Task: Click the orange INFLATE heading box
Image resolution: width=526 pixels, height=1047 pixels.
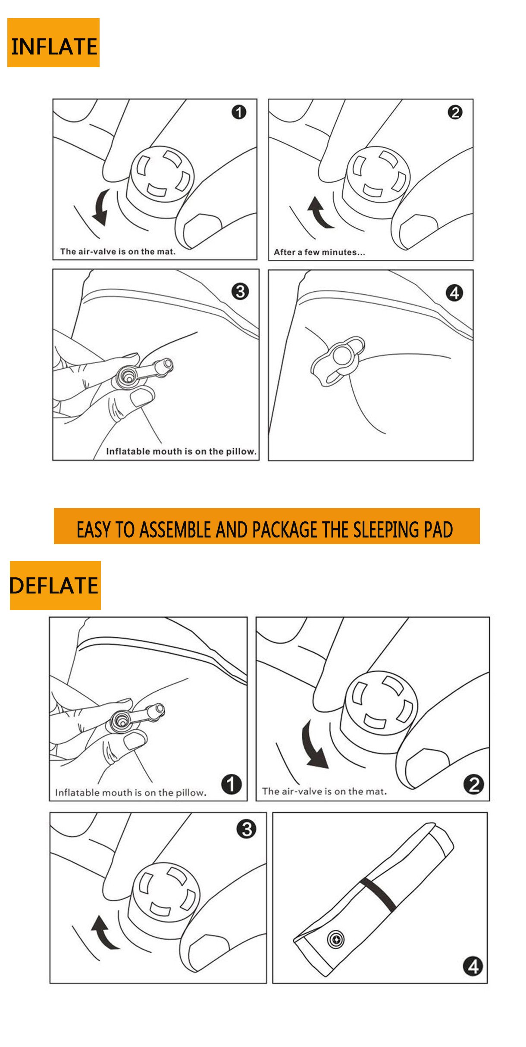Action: click(53, 43)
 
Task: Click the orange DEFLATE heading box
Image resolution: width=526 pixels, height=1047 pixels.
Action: click(55, 585)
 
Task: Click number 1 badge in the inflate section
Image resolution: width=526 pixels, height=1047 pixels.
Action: click(239, 112)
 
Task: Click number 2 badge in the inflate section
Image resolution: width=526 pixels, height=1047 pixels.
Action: click(455, 112)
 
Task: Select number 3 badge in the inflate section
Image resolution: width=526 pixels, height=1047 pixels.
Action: click(240, 292)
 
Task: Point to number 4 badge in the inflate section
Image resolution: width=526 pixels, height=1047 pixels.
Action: click(454, 293)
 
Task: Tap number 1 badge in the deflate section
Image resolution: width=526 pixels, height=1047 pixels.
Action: click(231, 785)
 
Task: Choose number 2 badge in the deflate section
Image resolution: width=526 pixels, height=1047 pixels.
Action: click(473, 785)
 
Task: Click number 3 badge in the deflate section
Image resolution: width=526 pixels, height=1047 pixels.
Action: click(247, 829)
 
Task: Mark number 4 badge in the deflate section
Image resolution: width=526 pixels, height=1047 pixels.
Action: click(473, 967)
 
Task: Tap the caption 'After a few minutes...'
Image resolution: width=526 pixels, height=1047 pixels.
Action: click(319, 252)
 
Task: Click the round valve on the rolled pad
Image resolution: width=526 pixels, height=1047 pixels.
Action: click(336, 939)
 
